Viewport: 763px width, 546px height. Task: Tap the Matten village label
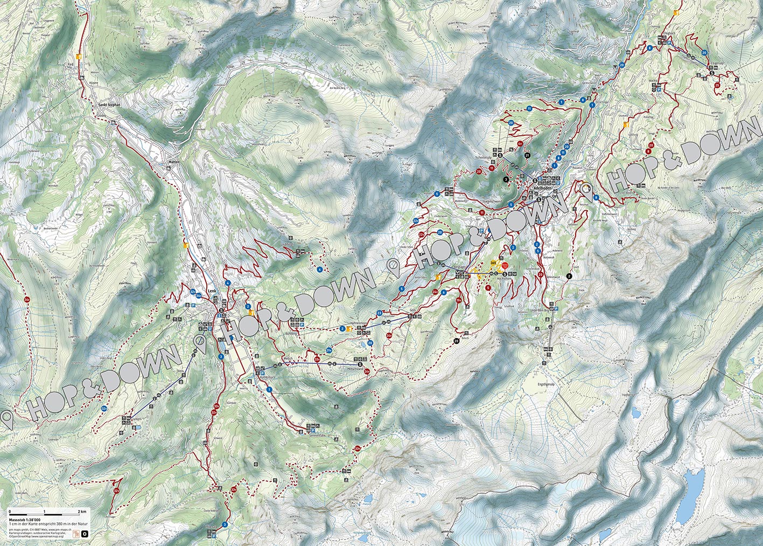pyautogui.click(x=172, y=161)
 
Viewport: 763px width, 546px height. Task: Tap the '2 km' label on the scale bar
pyautogui.click(x=82, y=511)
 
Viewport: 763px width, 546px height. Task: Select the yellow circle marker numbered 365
pyautogui.click(x=494, y=262)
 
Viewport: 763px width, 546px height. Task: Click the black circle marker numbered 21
pyautogui.click(x=527, y=155)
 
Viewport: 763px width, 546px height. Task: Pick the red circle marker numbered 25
pyautogui.click(x=717, y=85)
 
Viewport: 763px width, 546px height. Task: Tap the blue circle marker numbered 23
pyautogui.click(x=380, y=313)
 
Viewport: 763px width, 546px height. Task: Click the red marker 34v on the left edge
pyautogui.click(x=27, y=299)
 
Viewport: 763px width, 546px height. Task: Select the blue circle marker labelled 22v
pyautogui.click(x=416, y=220)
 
